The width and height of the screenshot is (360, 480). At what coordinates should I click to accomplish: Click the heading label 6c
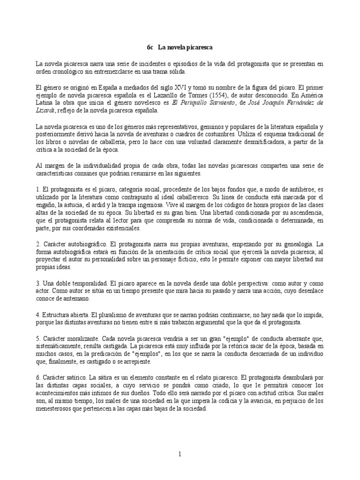click(150, 47)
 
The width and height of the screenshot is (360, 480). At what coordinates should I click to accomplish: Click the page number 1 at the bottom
click(180, 454)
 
